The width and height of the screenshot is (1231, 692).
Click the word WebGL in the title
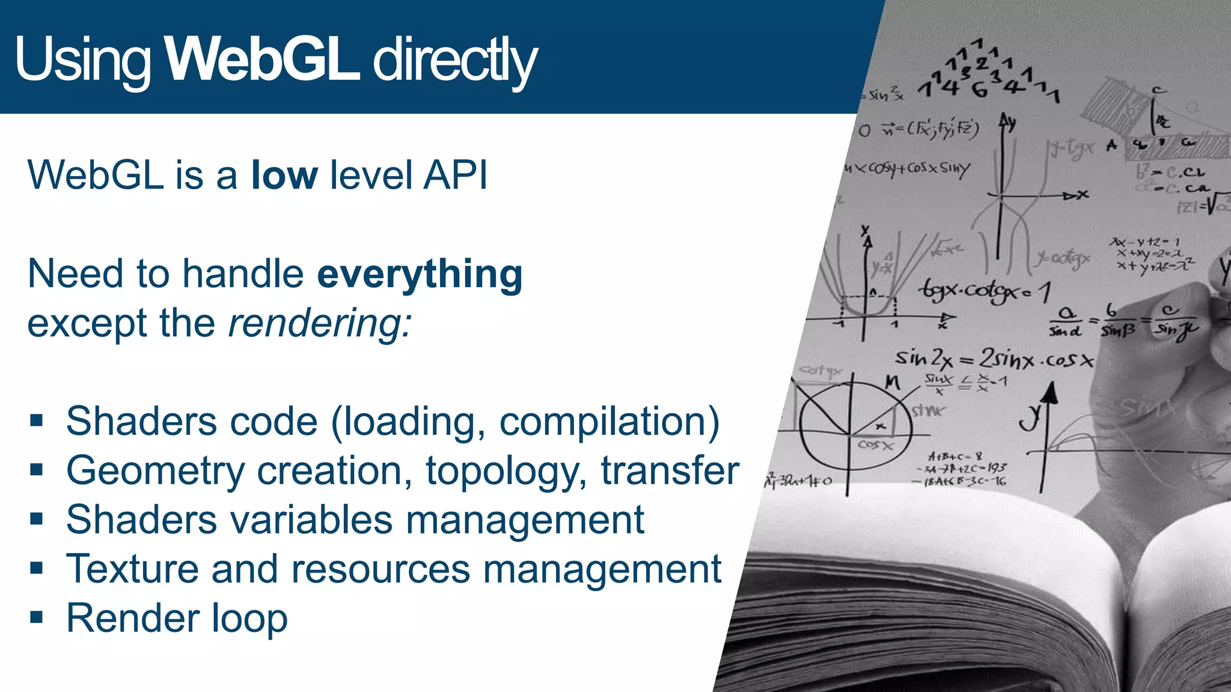pyautogui.click(x=262, y=59)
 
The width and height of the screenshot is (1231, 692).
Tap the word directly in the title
pyautogui.click(x=454, y=60)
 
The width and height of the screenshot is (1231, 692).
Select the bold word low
pyautogui.click(x=284, y=175)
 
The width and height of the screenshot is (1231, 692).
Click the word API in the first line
pyautogui.click(x=455, y=175)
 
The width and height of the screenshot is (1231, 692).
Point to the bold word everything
pyautogui.click(x=419, y=275)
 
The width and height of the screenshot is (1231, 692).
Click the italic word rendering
pyautogui.click(x=320, y=324)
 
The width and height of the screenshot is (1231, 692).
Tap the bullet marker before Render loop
pyautogui.click(x=37, y=618)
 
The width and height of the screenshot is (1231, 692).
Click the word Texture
pyautogui.click(x=132, y=569)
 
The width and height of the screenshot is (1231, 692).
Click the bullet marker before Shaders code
pyautogui.click(x=37, y=420)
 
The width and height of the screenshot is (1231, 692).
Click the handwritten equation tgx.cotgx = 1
pyautogui.click(x=983, y=291)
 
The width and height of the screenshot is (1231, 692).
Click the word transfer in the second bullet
pyautogui.click(x=670, y=470)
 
